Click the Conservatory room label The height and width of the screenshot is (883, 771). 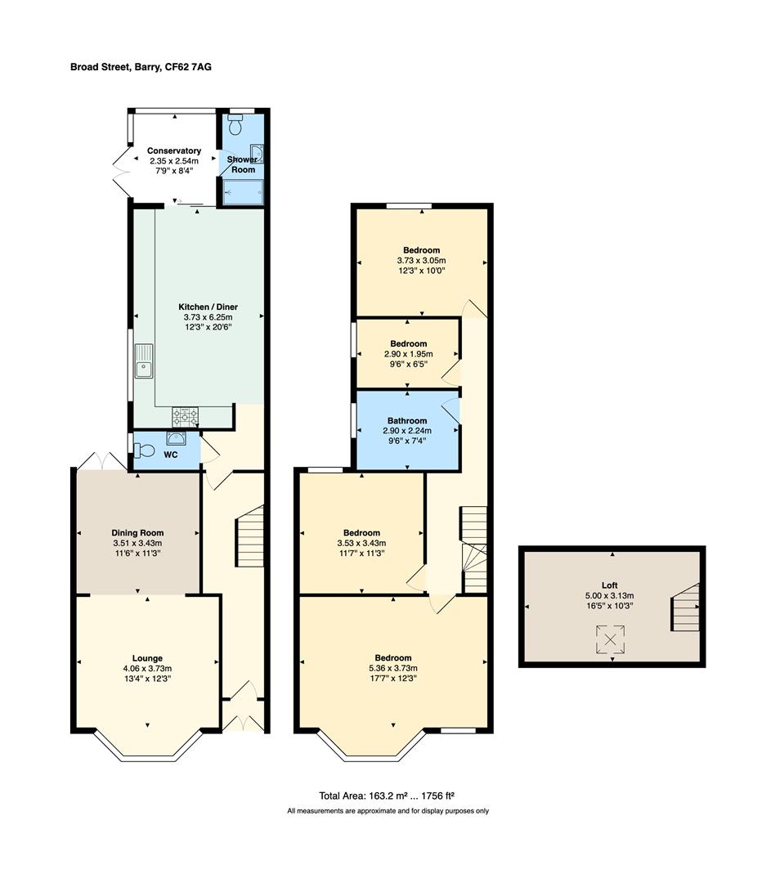pos(174,151)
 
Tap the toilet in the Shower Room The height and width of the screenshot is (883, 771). pos(235,125)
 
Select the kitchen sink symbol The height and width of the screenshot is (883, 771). pos(144,361)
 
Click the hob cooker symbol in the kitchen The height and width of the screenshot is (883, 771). pos(186,417)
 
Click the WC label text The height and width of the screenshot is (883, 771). pos(171,455)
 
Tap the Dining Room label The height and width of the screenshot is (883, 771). pos(137,533)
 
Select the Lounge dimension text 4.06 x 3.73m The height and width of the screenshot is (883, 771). pos(147,669)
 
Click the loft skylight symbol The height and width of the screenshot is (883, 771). pos(610,639)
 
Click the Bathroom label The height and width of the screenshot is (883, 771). pos(407,421)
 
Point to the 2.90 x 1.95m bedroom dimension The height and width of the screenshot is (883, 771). pos(408,354)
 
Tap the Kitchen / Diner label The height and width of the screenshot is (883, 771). pos(208,307)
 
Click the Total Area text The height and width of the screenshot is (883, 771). pos(387,796)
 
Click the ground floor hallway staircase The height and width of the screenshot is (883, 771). pos(249,536)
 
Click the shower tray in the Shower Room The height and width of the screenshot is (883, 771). pos(243,192)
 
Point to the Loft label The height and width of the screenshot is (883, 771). pos(609,585)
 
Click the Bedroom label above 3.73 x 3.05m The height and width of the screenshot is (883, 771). pos(421,250)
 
